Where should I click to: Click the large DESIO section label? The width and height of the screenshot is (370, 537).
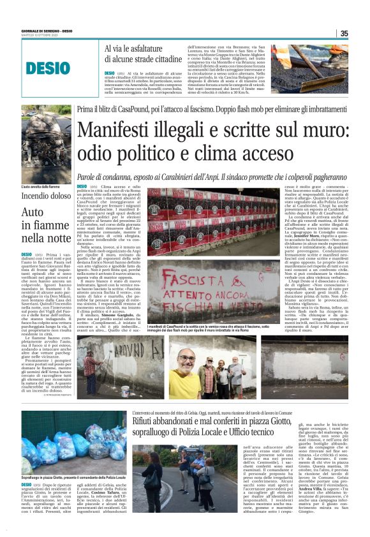click(x=48, y=67)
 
